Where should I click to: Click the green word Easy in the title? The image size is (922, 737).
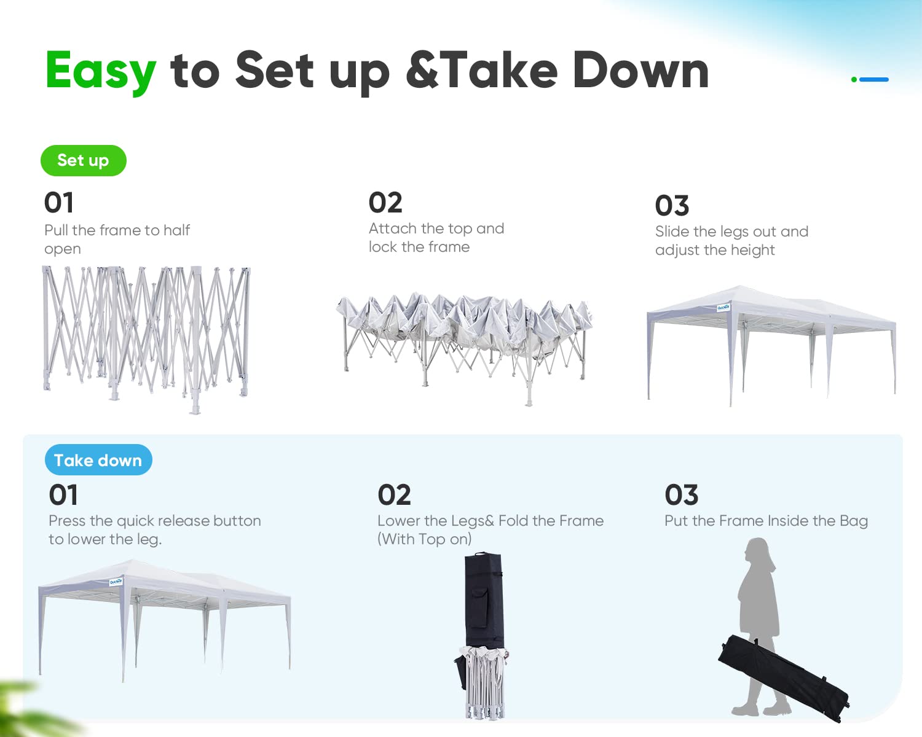coord(101,71)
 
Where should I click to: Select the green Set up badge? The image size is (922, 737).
coord(84,160)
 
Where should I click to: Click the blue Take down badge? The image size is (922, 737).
coord(98,460)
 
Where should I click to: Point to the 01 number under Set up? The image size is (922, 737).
coord(59,203)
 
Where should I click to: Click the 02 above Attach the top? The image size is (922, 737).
coord(385,203)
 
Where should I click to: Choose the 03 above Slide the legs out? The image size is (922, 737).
coord(672,206)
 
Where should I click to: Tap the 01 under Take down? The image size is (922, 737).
coord(63,495)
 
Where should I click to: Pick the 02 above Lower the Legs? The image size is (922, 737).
coord(394,495)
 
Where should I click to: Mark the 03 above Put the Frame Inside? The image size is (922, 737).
coord(682,495)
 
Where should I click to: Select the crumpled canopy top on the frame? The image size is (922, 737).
coord(464,317)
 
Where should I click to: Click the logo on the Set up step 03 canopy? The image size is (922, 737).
coord(723,308)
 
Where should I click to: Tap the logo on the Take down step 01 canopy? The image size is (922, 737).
coord(116,582)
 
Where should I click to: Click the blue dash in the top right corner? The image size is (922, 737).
coord(874,79)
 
